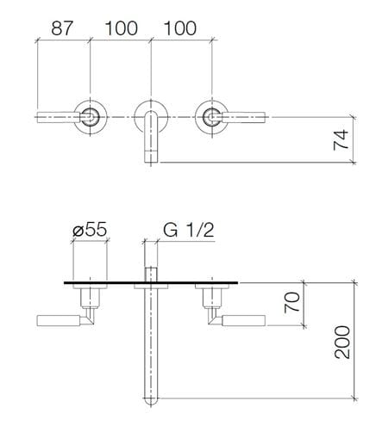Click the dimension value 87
pyautogui.click(x=62, y=28)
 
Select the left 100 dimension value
pyautogui.click(x=121, y=28)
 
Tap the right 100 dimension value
pyautogui.click(x=180, y=28)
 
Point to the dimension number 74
pyautogui.click(x=341, y=139)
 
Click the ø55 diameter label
pyautogui.click(x=90, y=230)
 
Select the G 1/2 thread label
pyautogui.click(x=189, y=230)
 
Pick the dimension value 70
pyautogui.click(x=291, y=302)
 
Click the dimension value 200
pyautogui.click(x=342, y=343)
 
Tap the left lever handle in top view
pyautogui.click(x=59, y=117)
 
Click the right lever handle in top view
pyautogui.click(x=243, y=117)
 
